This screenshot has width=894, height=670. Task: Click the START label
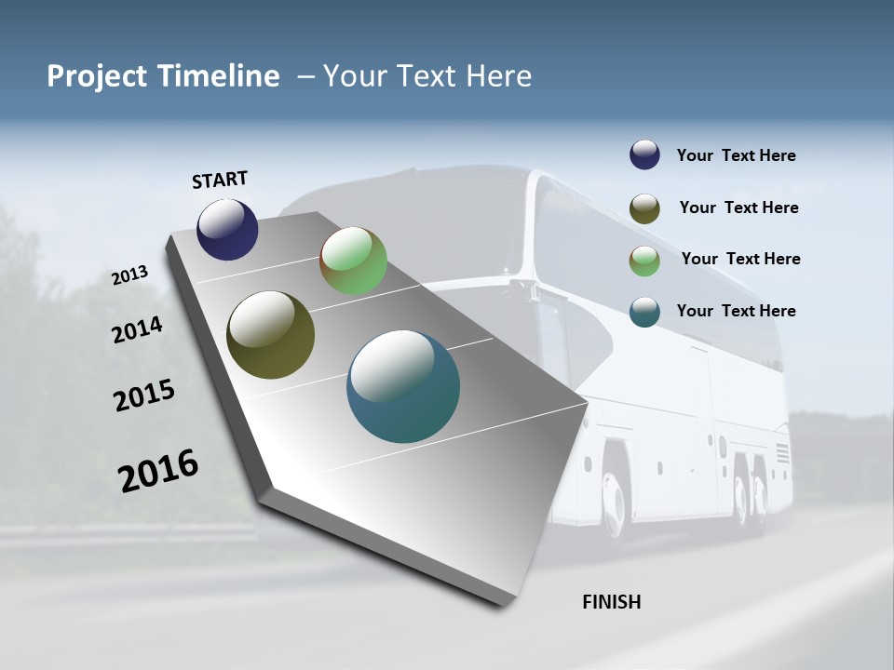click(220, 180)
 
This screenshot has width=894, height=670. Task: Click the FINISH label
click(611, 602)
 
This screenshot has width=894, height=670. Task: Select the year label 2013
click(129, 275)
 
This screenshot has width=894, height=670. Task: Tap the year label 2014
click(137, 330)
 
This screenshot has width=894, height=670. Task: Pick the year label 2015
click(143, 395)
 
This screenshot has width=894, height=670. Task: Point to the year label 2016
click(158, 471)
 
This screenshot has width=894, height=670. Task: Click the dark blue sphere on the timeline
click(227, 229)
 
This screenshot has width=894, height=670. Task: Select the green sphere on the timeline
click(353, 261)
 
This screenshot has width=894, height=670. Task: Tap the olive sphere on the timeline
click(270, 335)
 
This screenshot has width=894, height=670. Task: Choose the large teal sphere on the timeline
click(403, 386)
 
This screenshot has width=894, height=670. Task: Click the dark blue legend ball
click(644, 155)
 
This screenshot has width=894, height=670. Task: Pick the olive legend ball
click(644, 208)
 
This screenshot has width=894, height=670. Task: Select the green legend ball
click(644, 261)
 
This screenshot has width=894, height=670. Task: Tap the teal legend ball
click(644, 312)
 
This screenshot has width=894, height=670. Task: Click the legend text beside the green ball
click(740, 259)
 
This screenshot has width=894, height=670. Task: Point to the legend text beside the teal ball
click(736, 311)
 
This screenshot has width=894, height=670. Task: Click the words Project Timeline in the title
click(163, 76)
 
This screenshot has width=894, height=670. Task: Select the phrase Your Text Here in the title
click(427, 76)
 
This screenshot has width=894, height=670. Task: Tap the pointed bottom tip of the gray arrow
click(504, 605)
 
